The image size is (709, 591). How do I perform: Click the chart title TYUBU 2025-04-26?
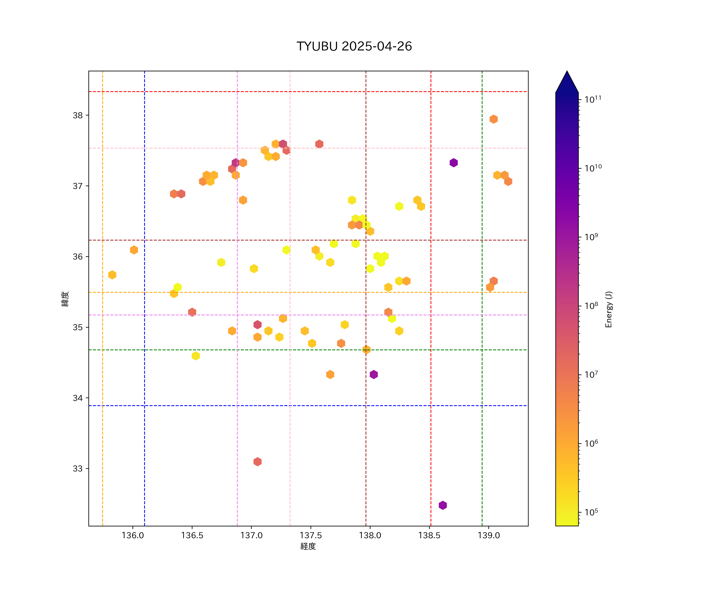tap(354, 46)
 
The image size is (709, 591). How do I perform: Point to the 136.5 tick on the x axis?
tap(192, 535)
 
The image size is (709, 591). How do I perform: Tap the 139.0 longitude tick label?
tap(489, 535)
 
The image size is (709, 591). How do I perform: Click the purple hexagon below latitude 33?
tap(443, 505)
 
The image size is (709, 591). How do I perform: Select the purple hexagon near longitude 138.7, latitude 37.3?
tap(453, 163)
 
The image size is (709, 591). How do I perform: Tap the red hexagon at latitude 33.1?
tap(257, 462)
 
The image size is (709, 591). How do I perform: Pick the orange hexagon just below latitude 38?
tap(493, 119)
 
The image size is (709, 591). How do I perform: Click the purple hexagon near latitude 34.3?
tap(373, 374)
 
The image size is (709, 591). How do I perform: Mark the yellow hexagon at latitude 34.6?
tap(196, 356)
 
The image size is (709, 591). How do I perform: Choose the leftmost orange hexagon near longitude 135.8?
tap(112, 275)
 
